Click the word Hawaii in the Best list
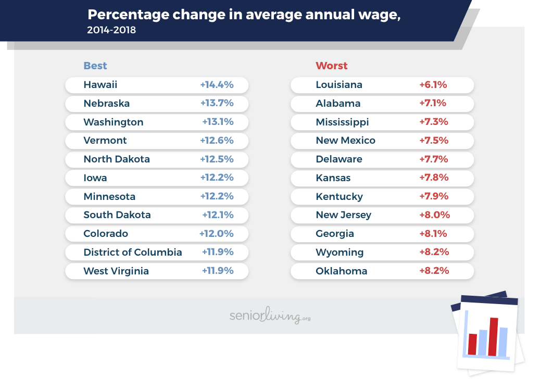100,85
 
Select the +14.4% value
217,85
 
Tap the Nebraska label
106,104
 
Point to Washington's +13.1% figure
218,122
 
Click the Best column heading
95,66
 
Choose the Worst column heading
331,66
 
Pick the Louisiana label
338,85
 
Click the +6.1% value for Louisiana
433,85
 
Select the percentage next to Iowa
217,178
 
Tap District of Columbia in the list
132,253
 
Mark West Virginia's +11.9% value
218,271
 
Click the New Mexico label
345,141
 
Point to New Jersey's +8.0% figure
434,215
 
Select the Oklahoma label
341,271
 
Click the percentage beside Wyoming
434,253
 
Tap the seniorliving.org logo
270,316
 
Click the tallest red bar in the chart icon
493,336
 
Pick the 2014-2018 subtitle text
111,30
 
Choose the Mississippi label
342,122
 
